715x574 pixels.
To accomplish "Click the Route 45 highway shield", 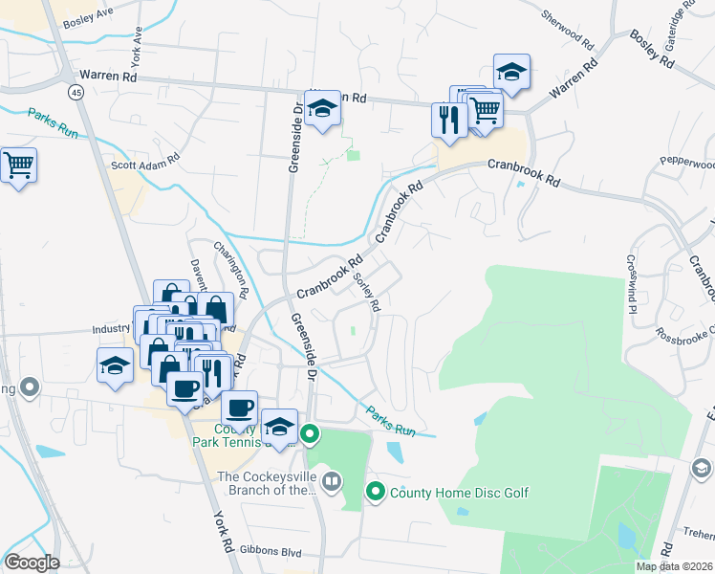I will [x=74, y=92].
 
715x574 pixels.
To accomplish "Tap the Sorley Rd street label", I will [x=368, y=292].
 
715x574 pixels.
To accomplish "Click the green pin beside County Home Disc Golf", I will [x=376, y=493].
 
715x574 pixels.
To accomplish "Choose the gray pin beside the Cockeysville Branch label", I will [x=332, y=481].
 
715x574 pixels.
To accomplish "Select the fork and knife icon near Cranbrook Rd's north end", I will [x=448, y=120].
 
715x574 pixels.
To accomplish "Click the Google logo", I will [x=32, y=563].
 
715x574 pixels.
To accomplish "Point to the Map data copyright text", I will [x=675, y=566].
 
